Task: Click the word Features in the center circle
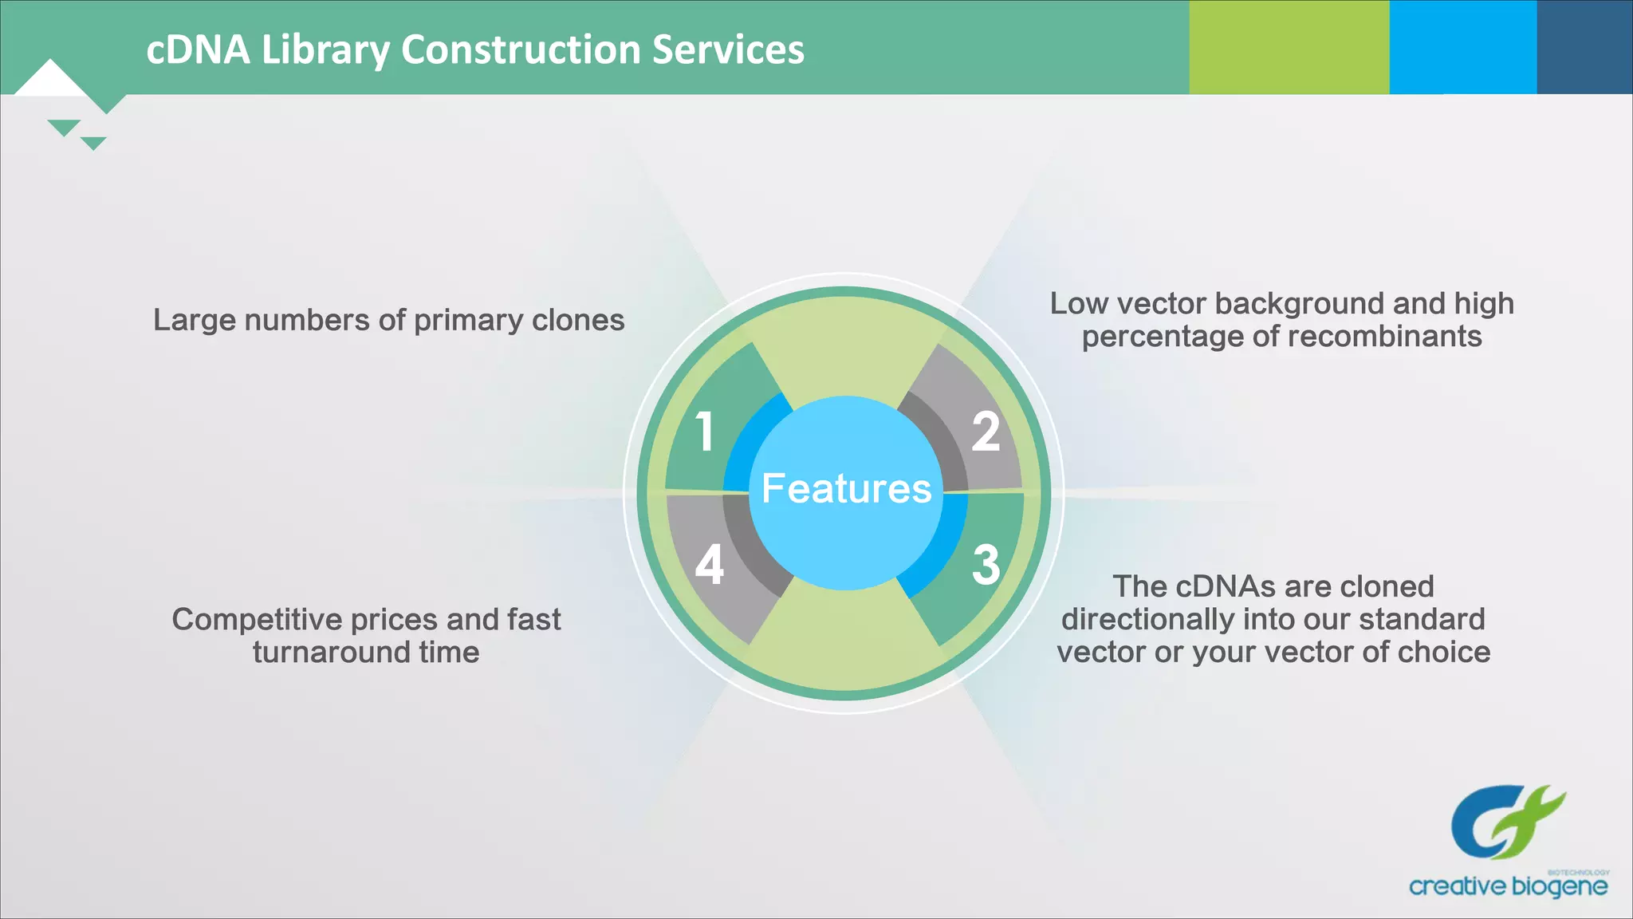click(x=846, y=488)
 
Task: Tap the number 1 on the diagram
click(x=704, y=432)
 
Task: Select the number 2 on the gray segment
click(x=986, y=432)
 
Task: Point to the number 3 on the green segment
click(x=986, y=565)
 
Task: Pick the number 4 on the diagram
click(x=709, y=565)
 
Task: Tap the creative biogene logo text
click(x=1507, y=886)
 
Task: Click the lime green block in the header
click(x=1289, y=46)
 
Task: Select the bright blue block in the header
click(x=1462, y=46)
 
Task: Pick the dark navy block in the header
click(x=1584, y=46)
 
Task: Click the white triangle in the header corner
click(x=50, y=80)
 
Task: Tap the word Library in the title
click(x=325, y=49)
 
